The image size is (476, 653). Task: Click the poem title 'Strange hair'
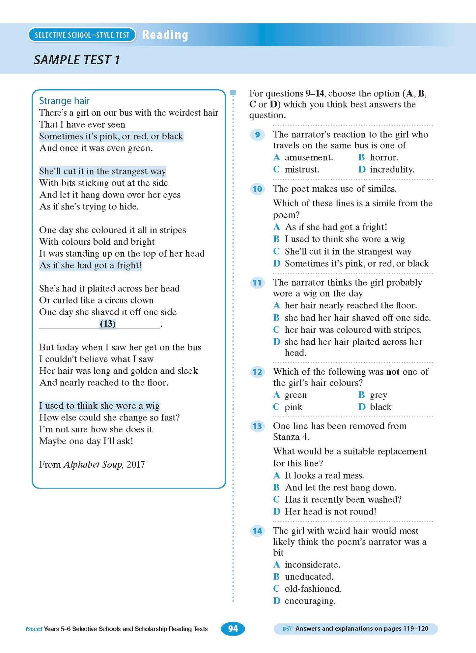[64, 101]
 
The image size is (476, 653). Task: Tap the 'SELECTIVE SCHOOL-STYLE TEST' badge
[82, 35]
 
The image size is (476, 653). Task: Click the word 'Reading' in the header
[165, 35]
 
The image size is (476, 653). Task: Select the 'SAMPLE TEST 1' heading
[76, 60]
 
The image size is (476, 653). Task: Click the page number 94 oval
[233, 629]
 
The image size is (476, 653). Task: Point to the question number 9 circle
[257, 135]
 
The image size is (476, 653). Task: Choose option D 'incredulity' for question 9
[392, 170]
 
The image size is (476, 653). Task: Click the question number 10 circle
[257, 189]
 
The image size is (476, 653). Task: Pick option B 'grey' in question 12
[378, 395]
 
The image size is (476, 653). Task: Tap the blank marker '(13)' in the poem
[108, 324]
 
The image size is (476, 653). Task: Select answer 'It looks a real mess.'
[324, 475]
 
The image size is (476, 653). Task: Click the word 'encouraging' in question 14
[310, 601]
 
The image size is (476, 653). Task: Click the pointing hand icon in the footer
[288, 629]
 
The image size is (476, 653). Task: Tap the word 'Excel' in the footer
[34, 629]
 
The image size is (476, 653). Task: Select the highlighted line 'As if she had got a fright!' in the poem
[90, 265]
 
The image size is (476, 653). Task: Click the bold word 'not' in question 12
[393, 372]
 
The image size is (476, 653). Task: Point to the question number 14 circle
[257, 531]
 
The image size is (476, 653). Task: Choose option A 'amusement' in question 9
[308, 157]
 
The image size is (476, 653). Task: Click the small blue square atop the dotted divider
[233, 93]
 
